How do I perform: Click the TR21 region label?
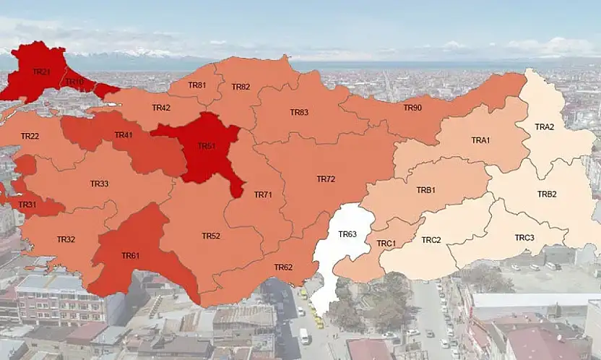pos(41,72)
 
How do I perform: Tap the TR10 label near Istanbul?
pos(75,82)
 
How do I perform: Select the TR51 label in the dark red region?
pos(207,146)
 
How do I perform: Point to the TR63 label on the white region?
pos(347,233)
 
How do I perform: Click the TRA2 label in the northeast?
pos(545,127)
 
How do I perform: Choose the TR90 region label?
pos(412,108)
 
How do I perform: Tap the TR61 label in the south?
pos(131,256)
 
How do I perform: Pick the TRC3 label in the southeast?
pos(524,238)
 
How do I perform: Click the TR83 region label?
pos(299,112)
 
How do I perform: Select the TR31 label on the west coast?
pos(27,205)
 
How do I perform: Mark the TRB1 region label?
pos(426,190)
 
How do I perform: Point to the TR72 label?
pos(326,179)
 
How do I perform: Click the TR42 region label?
pos(161,108)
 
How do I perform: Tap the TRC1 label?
pos(386,244)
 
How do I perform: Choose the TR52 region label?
pos(211,236)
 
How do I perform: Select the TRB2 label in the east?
pos(547,194)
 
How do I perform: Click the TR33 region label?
pos(100,184)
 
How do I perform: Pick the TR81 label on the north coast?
pos(196,85)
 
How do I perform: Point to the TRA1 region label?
pos(481,140)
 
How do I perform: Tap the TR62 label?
pos(283,267)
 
